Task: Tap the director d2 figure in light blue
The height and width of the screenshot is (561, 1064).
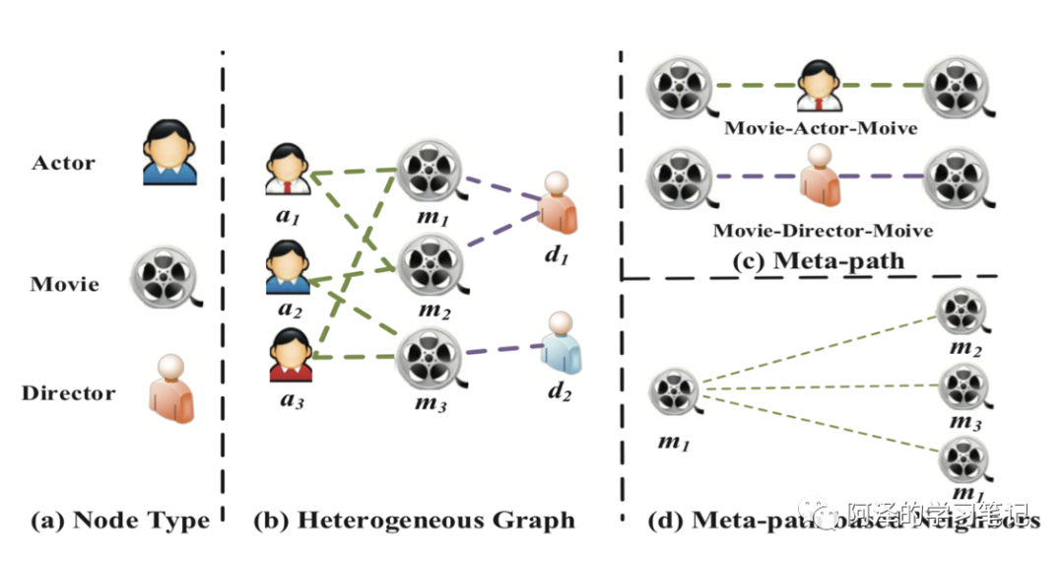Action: (x=559, y=344)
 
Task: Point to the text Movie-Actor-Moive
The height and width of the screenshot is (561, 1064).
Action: (x=820, y=129)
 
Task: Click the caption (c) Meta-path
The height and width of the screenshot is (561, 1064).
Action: (x=819, y=261)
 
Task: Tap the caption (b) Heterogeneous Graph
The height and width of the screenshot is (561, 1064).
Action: (x=414, y=520)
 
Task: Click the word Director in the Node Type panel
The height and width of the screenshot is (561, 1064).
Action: (x=68, y=393)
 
